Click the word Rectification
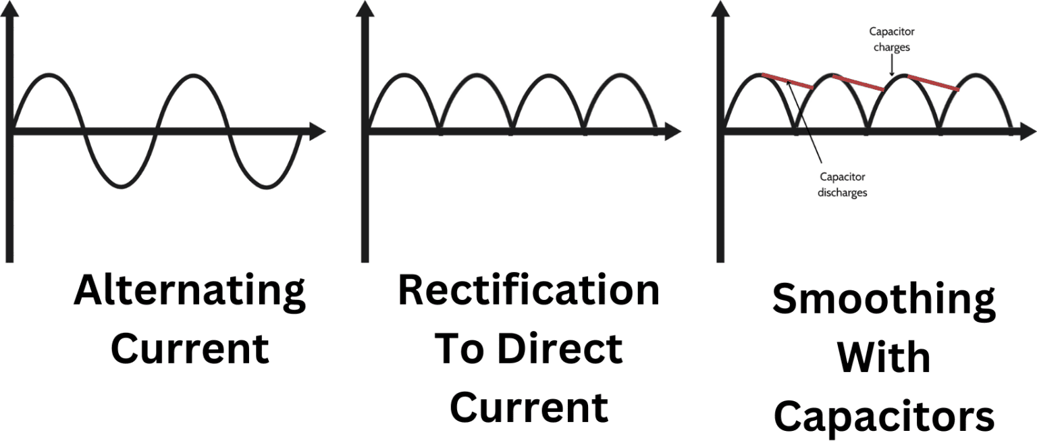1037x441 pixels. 529,291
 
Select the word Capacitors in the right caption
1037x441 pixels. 884,417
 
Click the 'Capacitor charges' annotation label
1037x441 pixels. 891,40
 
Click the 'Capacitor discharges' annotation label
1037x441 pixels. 842,184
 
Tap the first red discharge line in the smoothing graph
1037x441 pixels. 787,81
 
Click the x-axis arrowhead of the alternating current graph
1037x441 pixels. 317,132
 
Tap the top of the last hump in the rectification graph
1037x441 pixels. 620,74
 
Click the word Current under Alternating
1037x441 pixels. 190,349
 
